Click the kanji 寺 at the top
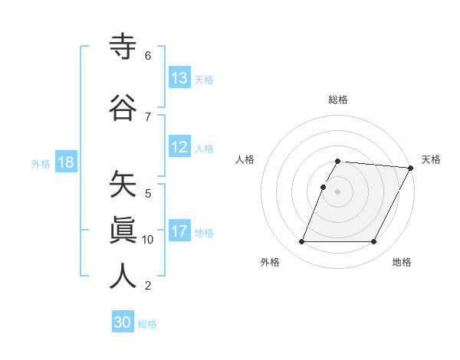coord(123,47)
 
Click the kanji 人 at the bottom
coord(123,276)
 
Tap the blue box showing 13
coord(179,78)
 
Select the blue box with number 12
coord(179,148)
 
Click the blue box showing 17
coord(179,231)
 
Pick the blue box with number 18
coord(65,162)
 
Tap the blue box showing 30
coord(123,322)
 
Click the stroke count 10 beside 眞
coord(148,240)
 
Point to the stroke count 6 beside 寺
coord(148,56)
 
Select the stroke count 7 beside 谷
coord(148,117)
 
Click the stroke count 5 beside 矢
coord(148,193)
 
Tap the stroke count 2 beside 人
coord(148,286)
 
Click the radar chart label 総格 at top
coord(338,100)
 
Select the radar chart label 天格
coord(431,159)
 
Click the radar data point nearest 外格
coord(301,242)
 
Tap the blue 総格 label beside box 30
coord(148,324)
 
